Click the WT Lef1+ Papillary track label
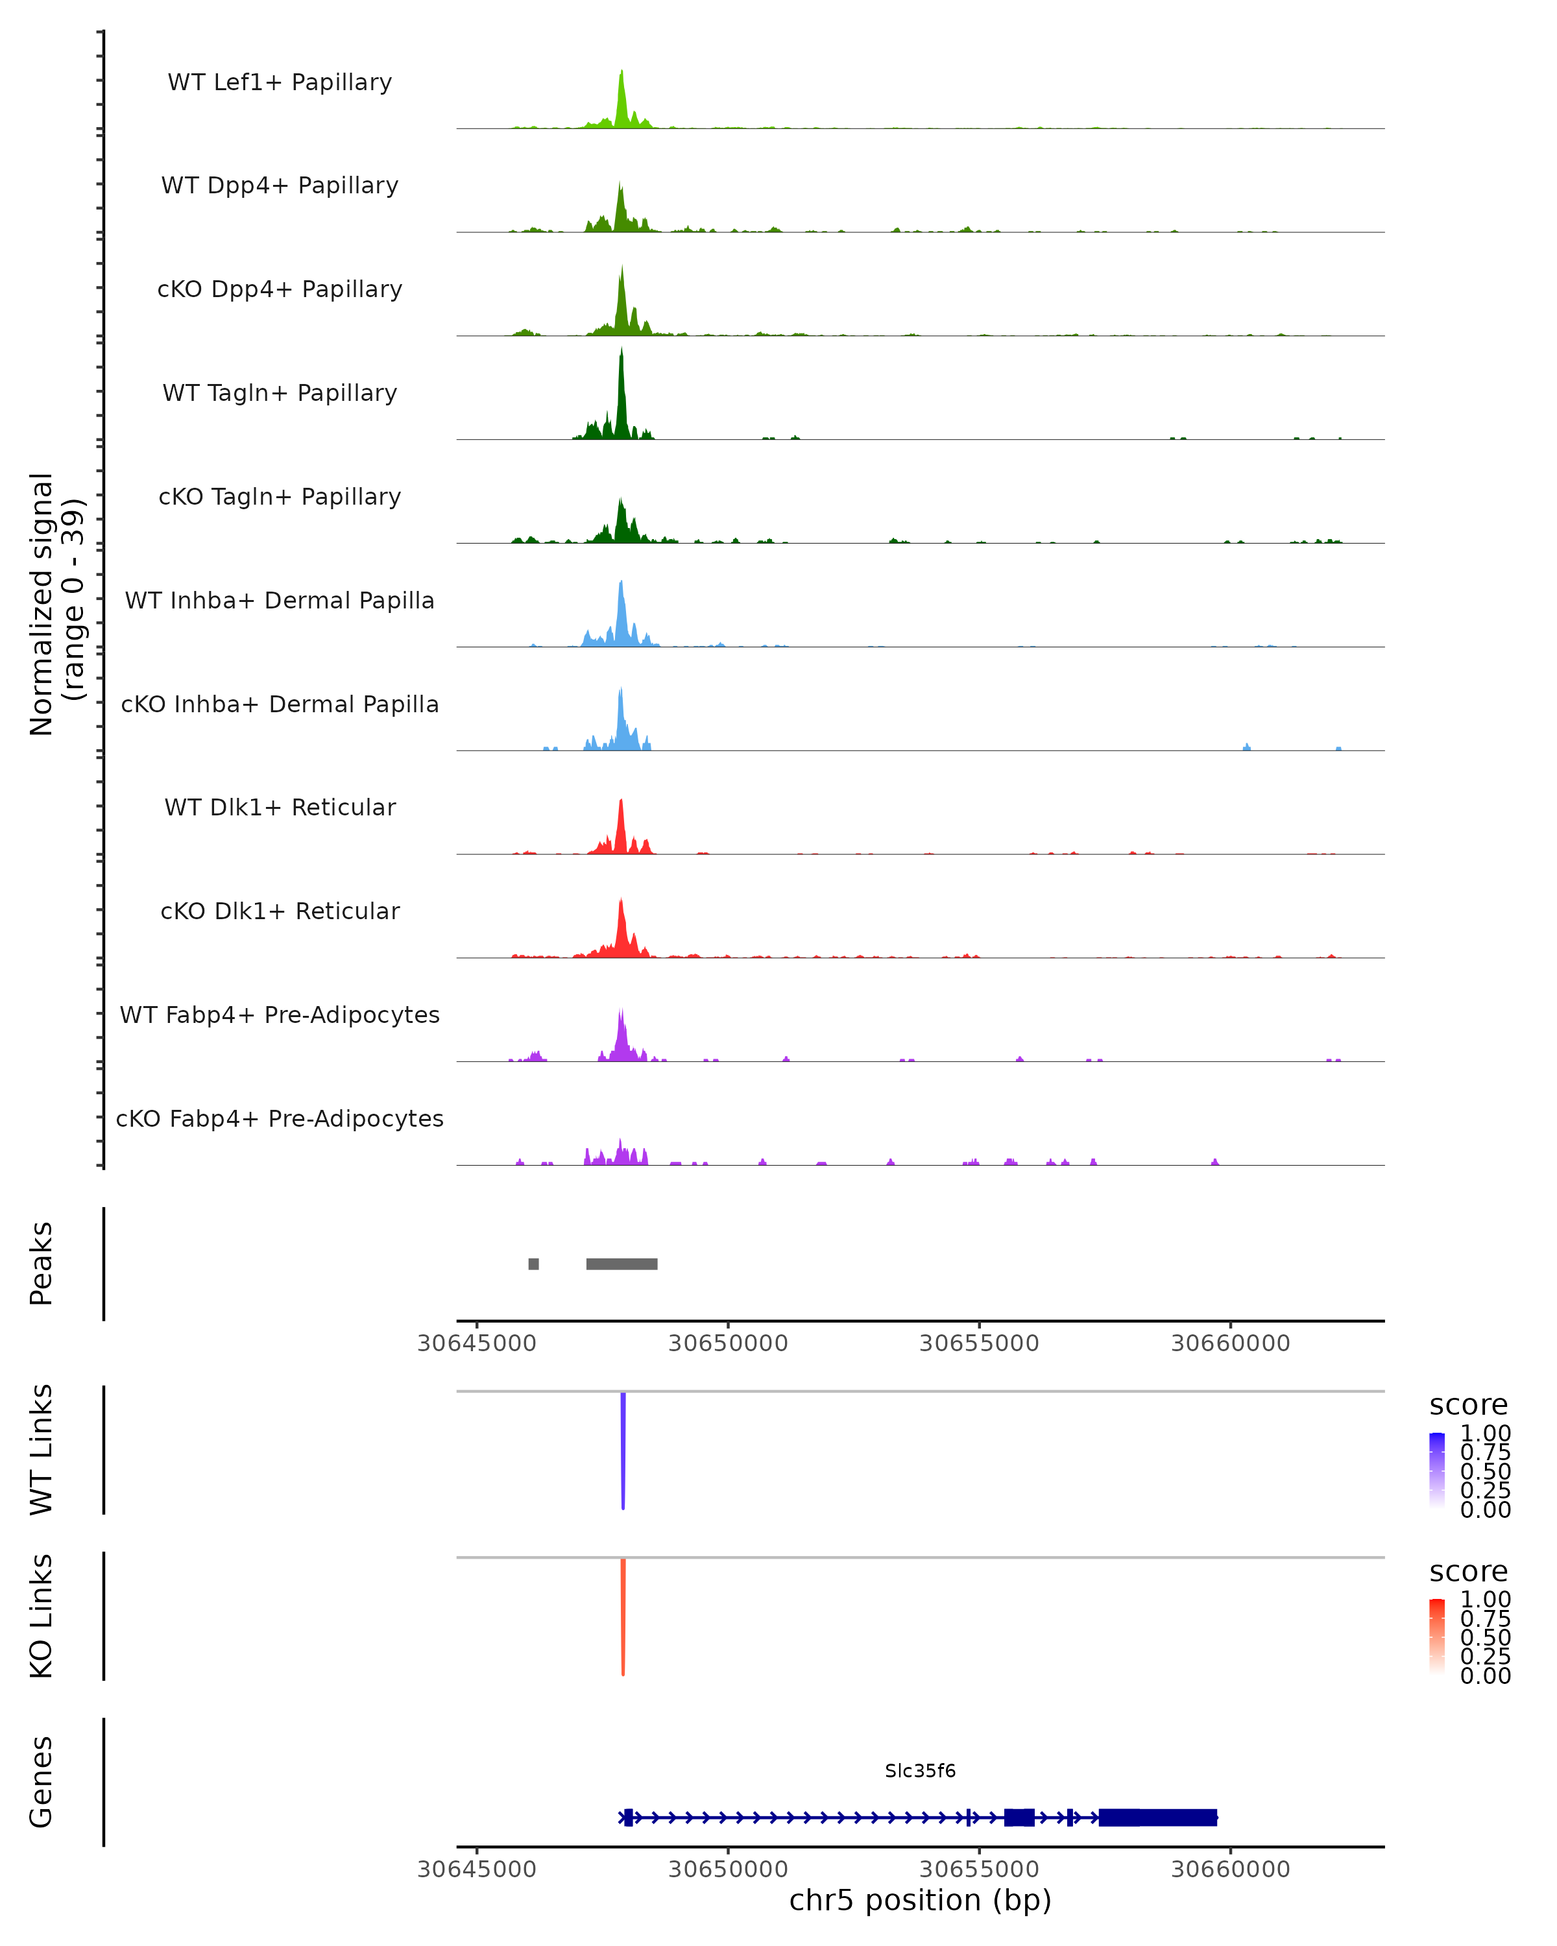(280, 82)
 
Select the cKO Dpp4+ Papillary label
(280, 289)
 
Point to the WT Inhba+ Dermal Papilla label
(280, 600)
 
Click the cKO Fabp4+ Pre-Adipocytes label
(280, 1118)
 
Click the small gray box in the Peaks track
(533, 1264)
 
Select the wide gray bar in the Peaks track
(622, 1264)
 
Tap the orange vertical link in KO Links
(623, 1616)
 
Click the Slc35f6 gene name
(920, 1771)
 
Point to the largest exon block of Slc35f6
(1158, 1818)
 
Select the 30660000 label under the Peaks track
(1230, 1343)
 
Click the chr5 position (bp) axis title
(920, 1901)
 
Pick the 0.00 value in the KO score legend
(1485, 1676)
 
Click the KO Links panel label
(42, 1616)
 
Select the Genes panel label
(42, 1782)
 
